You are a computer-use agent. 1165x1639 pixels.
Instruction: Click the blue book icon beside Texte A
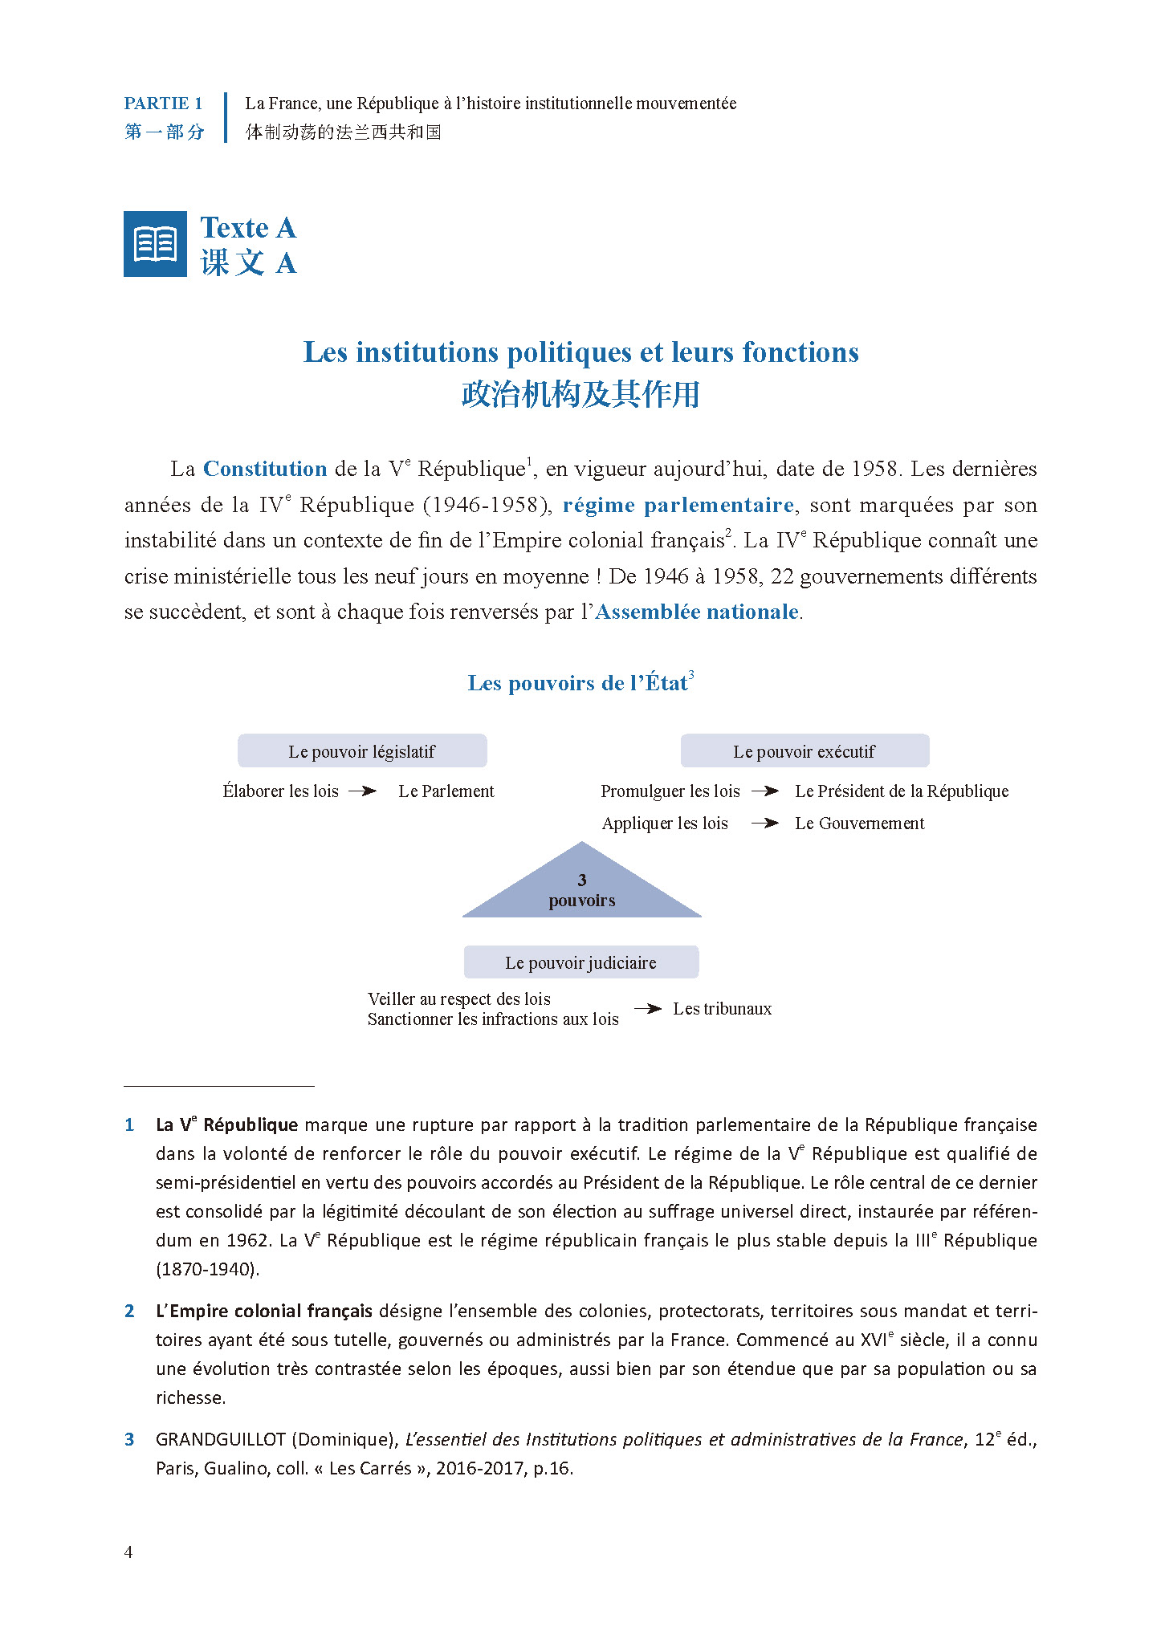click(155, 244)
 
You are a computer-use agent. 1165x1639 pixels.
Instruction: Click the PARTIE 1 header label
click(163, 104)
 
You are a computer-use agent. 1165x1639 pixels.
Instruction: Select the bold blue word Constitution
click(265, 469)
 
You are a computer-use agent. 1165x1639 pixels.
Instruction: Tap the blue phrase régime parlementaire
click(678, 505)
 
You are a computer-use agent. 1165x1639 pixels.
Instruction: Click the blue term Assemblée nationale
click(697, 612)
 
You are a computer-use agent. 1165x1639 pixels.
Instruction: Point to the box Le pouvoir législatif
click(362, 751)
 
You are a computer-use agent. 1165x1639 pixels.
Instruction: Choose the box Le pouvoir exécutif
click(805, 751)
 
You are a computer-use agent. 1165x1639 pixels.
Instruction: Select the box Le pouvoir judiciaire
click(580, 962)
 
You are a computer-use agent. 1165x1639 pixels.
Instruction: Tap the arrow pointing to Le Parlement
click(363, 791)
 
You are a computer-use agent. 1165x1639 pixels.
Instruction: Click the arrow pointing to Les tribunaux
click(647, 1009)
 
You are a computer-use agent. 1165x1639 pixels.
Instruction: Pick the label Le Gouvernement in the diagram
click(859, 824)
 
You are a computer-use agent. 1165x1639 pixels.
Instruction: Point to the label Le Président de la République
click(901, 791)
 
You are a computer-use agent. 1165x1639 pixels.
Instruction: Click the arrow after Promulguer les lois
click(765, 791)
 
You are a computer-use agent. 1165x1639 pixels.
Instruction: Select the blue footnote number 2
click(129, 1311)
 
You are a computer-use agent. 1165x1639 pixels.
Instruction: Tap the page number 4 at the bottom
click(128, 1552)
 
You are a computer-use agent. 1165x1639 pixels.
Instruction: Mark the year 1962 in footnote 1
click(247, 1240)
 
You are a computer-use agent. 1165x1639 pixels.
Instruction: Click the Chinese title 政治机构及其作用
click(580, 395)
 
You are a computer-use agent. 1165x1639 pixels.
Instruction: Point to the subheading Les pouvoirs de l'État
click(578, 683)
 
